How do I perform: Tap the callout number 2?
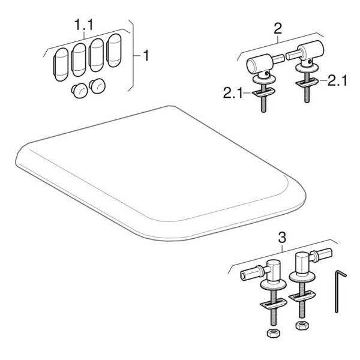click(277, 28)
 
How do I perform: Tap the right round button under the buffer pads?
click(96, 86)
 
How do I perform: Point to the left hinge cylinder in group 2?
click(259, 64)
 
